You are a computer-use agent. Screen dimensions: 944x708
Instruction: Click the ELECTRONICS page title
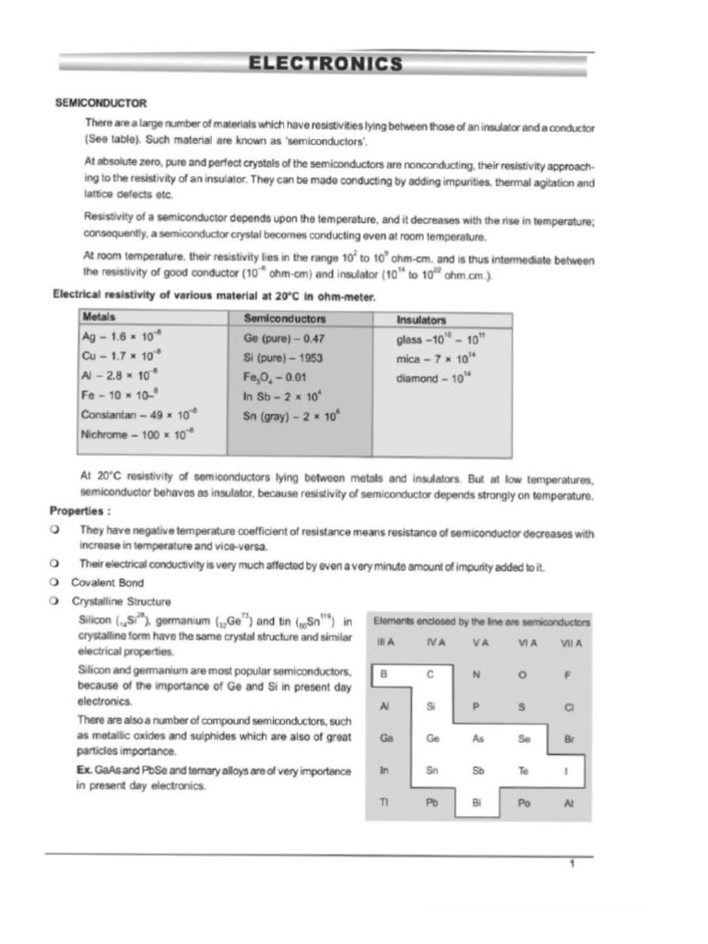tap(324, 64)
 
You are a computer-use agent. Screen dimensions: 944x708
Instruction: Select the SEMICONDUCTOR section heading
tap(101, 102)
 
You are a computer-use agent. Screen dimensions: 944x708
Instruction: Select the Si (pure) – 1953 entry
tap(283, 357)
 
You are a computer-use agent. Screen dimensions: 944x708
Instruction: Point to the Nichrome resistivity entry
tap(138, 433)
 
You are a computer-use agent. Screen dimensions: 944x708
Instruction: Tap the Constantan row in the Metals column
tap(138, 414)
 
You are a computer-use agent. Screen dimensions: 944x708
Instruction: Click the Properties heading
tap(81, 511)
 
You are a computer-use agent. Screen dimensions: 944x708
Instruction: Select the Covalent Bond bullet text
tap(107, 583)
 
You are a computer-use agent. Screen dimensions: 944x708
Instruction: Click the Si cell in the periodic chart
tap(431, 706)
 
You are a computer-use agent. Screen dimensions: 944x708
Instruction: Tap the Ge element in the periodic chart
tap(432, 738)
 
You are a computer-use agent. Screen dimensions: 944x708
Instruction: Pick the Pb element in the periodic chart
tap(431, 802)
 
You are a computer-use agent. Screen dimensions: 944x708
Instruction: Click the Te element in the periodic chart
tap(524, 770)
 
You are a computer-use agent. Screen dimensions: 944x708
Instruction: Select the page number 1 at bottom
tap(572, 864)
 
